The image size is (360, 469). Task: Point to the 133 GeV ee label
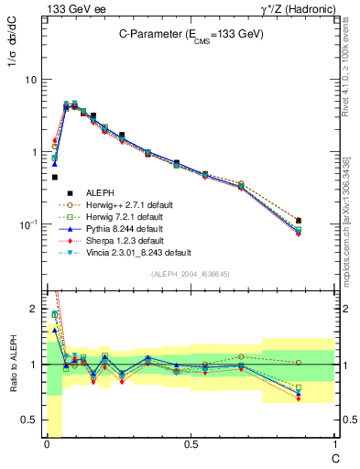point(71,8)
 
